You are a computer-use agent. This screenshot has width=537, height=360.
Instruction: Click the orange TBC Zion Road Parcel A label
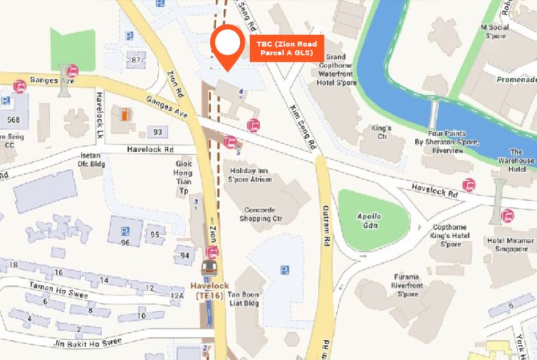[286, 48]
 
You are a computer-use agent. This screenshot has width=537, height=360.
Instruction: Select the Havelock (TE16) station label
[209, 291]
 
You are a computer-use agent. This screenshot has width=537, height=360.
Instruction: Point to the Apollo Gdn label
[369, 220]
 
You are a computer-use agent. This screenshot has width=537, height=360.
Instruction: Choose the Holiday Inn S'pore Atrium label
[250, 175]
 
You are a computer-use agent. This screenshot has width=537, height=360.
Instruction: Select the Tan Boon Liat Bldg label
[243, 299]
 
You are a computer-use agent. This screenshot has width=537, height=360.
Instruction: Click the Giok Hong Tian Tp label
[184, 177]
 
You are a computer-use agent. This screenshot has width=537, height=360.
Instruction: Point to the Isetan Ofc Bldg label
[92, 160]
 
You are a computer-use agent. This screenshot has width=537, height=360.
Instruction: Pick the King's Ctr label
[381, 132]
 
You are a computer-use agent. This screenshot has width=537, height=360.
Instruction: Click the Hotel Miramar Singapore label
[511, 245]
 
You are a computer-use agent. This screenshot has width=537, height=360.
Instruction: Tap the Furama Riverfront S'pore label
[405, 285]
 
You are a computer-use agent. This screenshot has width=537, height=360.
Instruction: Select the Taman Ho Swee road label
[51, 289]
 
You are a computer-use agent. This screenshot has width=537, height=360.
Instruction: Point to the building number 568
[14, 120]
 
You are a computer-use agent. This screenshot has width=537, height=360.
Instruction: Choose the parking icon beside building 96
[125, 231]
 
